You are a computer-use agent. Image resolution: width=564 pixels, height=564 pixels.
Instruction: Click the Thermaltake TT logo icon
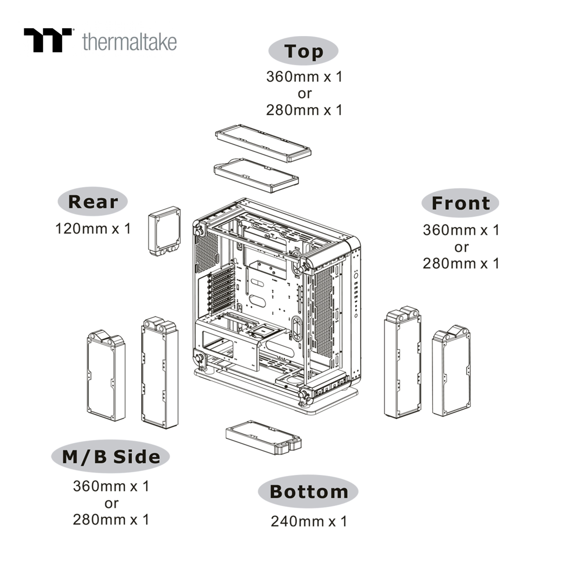[x=48, y=40]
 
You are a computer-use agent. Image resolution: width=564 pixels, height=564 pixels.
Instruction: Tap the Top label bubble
[x=303, y=51]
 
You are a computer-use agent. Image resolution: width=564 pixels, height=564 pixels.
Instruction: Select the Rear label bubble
[x=92, y=201]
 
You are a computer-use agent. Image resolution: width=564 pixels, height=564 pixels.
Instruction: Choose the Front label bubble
[x=461, y=203]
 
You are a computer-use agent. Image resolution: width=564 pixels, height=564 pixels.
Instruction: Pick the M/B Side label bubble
[x=111, y=457]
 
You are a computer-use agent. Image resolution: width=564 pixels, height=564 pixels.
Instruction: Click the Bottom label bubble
[x=308, y=492]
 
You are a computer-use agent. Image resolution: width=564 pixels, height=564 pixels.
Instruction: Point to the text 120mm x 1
[x=93, y=229]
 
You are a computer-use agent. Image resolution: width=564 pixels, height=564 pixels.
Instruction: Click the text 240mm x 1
[x=309, y=521]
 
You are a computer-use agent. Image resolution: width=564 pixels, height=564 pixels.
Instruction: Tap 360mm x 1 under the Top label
[x=304, y=77]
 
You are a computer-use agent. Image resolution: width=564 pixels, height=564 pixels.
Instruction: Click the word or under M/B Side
[x=111, y=503]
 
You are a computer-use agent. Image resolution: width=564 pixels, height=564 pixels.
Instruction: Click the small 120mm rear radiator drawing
[x=164, y=231]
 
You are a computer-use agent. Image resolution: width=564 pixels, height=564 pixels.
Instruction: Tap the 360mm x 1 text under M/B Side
[x=111, y=486]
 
